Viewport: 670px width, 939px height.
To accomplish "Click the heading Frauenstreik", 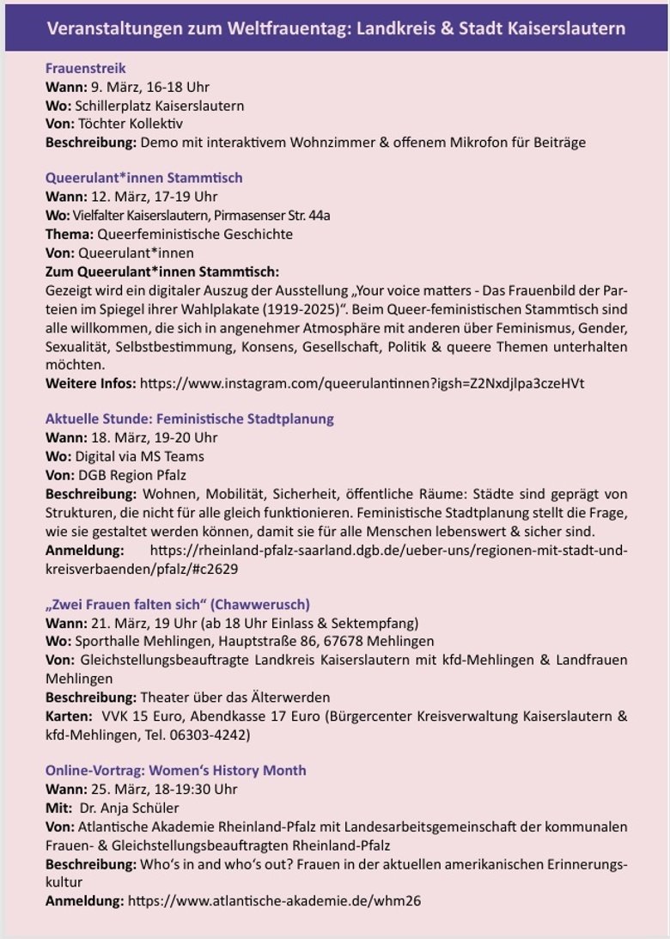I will pos(86,68).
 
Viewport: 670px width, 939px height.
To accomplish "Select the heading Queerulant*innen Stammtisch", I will pos(143,178).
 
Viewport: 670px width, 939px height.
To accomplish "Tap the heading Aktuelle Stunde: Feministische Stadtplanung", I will pos(189,419).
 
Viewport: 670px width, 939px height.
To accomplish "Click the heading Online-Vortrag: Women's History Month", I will pos(175,771).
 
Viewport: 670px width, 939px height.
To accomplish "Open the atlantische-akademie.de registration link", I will pos(274,901).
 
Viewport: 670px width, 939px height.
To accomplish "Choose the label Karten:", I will pos(68,716).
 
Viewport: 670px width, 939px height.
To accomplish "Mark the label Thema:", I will pos(70,234).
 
